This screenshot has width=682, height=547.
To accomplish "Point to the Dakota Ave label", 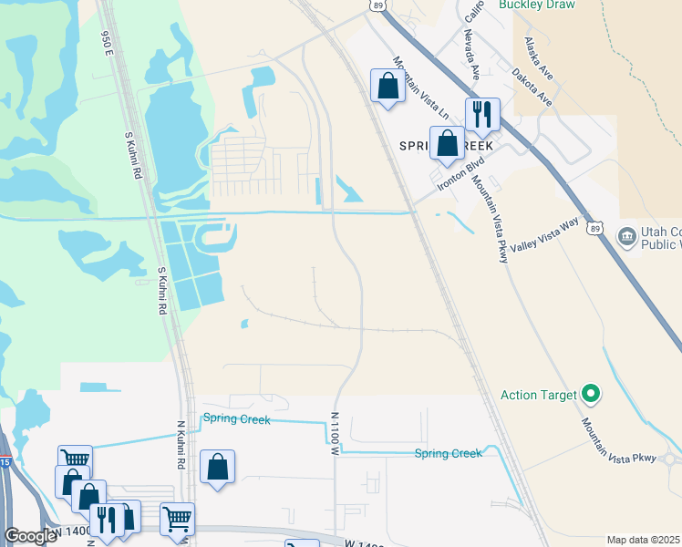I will (531, 85).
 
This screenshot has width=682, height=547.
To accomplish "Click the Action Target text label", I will (539, 395).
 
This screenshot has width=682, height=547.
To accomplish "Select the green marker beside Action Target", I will (591, 394).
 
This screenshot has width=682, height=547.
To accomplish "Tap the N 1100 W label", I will (335, 431).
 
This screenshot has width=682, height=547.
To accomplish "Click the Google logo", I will (30, 536).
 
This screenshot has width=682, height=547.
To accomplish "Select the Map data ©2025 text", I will (643, 540).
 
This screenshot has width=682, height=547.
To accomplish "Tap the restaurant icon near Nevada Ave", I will (480, 114).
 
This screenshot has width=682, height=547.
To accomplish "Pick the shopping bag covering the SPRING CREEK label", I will (447, 143).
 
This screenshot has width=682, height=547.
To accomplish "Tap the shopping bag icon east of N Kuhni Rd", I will (218, 468).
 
